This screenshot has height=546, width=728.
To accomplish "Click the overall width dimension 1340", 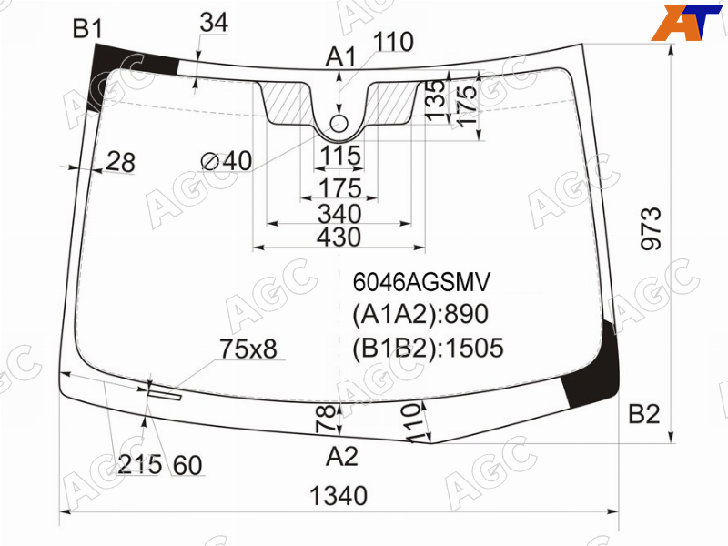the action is [339, 495].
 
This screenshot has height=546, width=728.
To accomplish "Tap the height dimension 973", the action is [651, 229].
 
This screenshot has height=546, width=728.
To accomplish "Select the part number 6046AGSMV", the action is [421, 282].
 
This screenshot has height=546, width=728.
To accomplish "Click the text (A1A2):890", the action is [420, 314].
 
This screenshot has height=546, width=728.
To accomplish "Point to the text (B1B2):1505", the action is [428, 348].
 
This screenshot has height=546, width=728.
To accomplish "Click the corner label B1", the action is [87, 29].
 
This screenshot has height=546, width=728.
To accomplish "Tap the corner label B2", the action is [643, 414].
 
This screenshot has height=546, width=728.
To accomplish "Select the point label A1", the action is [341, 57].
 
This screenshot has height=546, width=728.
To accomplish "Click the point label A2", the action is [342, 457].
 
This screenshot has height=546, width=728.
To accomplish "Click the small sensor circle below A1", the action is [339, 124].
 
